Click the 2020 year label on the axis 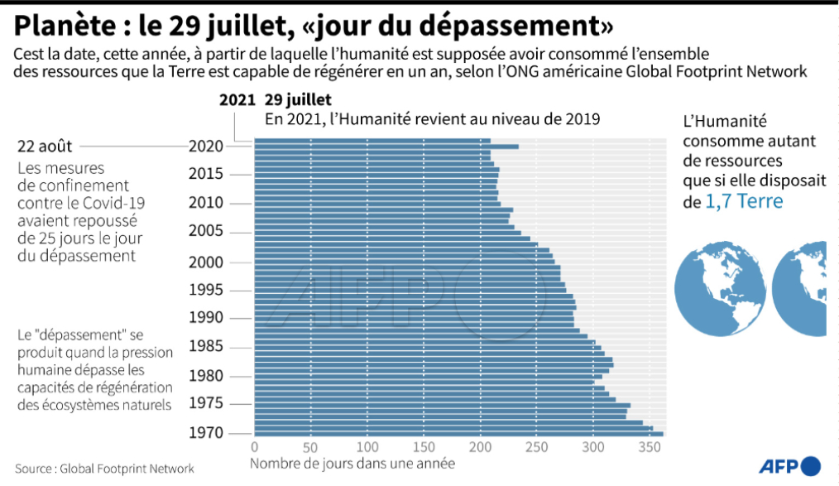point(206,147)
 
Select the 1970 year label point(206,432)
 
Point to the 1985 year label point(206,346)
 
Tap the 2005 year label point(206,231)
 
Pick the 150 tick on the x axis point(424,448)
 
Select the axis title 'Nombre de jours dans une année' point(352,464)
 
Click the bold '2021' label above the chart point(237,100)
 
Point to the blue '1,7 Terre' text point(743,201)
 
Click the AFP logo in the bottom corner point(789,464)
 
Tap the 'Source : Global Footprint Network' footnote point(104,469)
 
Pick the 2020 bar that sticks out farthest point(386,147)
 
